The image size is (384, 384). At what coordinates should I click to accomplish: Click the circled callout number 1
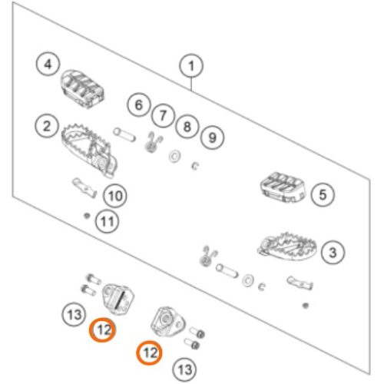(191, 65)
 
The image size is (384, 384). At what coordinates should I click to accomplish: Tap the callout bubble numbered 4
(48, 64)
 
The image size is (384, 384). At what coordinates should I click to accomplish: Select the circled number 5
(323, 194)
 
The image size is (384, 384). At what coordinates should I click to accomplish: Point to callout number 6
(139, 105)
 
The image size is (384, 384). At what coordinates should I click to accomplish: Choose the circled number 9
(212, 137)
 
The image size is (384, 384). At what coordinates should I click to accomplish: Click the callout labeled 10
(115, 196)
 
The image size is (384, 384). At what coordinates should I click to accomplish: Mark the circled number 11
(107, 221)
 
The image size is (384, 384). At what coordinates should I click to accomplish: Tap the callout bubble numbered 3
(333, 253)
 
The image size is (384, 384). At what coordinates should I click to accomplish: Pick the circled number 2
(47, 126)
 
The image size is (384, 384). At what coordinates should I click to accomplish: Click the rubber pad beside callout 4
(83, 88)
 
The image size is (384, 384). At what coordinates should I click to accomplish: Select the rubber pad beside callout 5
(283, 187)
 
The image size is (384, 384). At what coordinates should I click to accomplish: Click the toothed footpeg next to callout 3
(287, 247)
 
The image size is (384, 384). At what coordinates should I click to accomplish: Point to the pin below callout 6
(124, 135)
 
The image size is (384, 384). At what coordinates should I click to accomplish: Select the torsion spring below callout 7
(153, 142)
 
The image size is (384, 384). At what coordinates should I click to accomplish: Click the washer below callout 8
(175, 156)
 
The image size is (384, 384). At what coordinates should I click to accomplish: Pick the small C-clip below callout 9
(195, 166)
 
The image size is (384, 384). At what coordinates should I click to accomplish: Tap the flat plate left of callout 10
(84, 188)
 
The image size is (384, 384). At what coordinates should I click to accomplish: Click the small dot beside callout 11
(87, 216)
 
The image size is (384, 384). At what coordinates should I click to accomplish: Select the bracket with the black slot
(118, 298)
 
